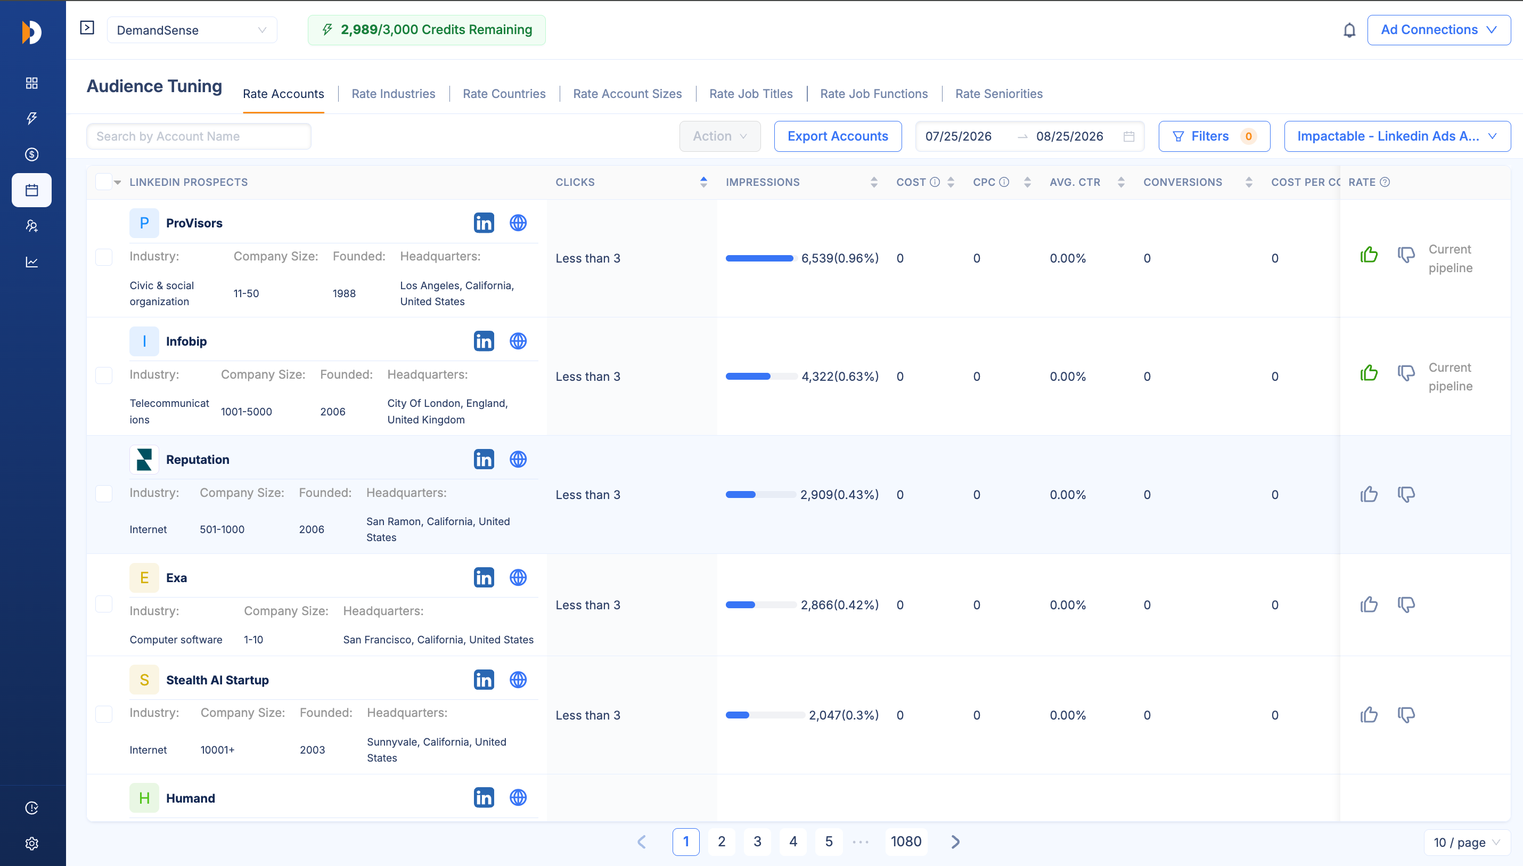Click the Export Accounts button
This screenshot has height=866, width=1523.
point(837,136)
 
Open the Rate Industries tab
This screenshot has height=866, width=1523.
point(393,93)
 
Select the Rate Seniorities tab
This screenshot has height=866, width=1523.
point(998,93)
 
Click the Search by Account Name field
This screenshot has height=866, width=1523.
point(199,136)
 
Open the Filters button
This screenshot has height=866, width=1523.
point(1214,136)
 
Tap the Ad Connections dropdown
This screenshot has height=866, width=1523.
point(1438,30)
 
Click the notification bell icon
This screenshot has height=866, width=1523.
point(1349,30)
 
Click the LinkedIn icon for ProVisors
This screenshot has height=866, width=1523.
point(484,223)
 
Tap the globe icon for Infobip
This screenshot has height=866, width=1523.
point(518,341)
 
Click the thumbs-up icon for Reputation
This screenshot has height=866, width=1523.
point(1369,494)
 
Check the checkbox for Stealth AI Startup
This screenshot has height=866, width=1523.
point(104,714)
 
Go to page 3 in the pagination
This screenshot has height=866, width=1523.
point(757,842)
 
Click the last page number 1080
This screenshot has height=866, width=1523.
point(906,842)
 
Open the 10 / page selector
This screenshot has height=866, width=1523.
point(1467,842)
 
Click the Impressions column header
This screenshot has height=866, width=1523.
point(763,182)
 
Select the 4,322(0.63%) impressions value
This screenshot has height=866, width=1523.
point(840,377)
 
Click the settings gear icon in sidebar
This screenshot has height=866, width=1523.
point(32,844)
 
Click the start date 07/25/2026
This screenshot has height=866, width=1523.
point(958,136)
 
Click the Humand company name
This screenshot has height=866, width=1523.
point(190,798)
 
